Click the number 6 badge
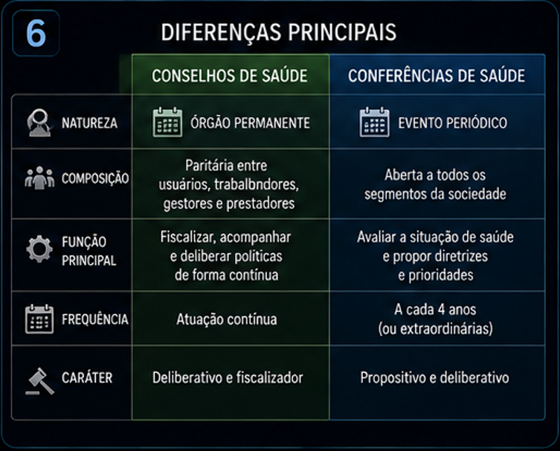pos(36,33)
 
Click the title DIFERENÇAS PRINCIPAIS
pos(279,32)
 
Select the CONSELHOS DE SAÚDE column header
pos(230,76)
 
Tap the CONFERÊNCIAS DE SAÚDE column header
pos(437,76)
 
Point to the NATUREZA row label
pos(89,123)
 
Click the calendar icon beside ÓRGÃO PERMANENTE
pos(167,122)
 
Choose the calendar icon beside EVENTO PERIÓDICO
pos(374,122)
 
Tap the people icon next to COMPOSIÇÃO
pos(39,178)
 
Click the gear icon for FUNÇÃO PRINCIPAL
pos(39,249)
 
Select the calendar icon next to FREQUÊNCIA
pos(39,319)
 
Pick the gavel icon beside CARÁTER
pos(40,381)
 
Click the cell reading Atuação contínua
pos(227,319)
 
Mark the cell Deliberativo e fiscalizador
pos(228,378)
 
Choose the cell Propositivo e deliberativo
pos(434,378)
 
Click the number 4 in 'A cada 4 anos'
pos(442,309)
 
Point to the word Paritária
pos(207,166)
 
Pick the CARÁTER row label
pos(87,377)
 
